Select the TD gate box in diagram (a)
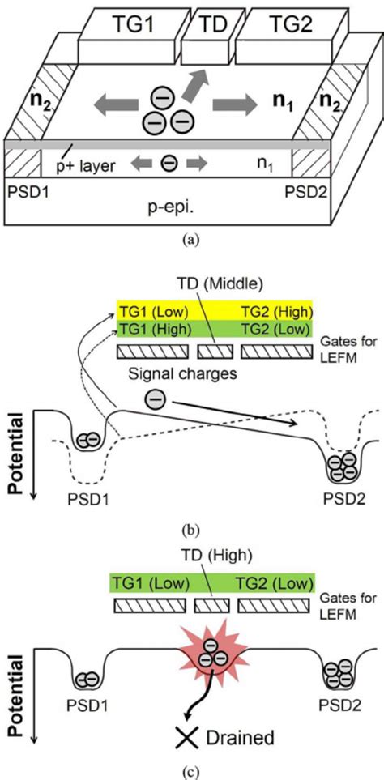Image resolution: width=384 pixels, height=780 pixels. tap(208, 29)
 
